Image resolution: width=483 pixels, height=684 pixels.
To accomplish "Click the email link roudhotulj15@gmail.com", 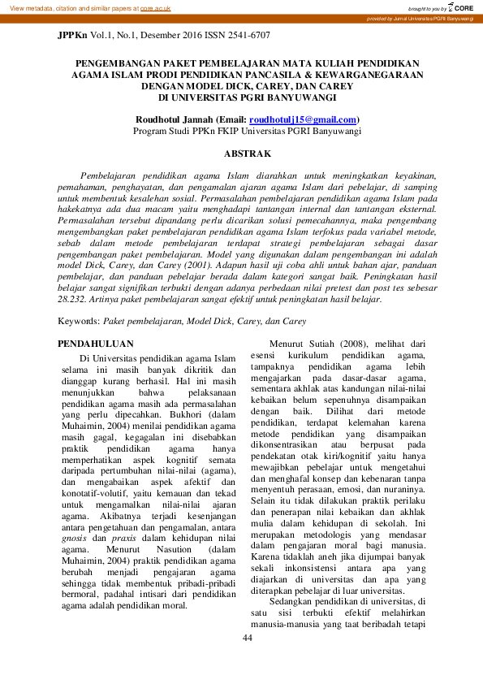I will (x=303, y=119).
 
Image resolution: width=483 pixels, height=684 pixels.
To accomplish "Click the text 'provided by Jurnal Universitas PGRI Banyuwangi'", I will (x=420, y=18).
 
